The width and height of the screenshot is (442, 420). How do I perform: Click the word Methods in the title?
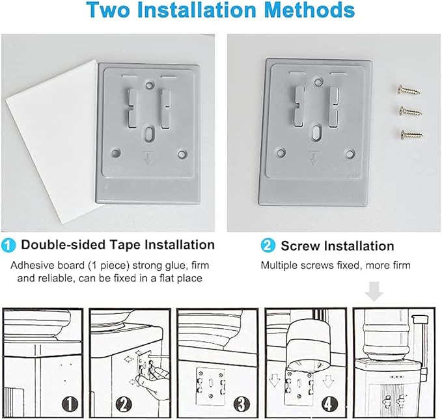point(310,10)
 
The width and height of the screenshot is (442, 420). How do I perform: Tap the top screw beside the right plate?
point(409,91)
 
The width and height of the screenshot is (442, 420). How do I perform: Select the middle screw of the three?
point(411,111)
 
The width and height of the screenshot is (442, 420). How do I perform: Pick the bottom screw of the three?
point(411,134)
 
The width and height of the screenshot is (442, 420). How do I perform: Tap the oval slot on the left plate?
point(148,133)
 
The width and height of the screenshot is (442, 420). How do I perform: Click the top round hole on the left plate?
point(148,85)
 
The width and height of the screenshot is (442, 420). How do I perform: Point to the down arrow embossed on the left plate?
point(148,160)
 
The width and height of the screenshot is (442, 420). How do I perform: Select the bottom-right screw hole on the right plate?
point(350,154)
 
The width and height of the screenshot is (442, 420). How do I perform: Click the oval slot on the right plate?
point(317,133)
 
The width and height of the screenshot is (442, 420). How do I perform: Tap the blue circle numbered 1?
point(8,245)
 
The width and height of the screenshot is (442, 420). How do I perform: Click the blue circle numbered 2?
point(268,245)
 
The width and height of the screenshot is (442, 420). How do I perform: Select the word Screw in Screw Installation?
point(301,246)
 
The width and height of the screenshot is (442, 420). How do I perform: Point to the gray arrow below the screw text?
point(374,291)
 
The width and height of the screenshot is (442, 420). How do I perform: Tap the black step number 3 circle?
point(242,404)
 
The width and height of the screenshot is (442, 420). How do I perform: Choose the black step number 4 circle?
point(328,404)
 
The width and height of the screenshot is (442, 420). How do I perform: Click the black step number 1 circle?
point(70,404)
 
